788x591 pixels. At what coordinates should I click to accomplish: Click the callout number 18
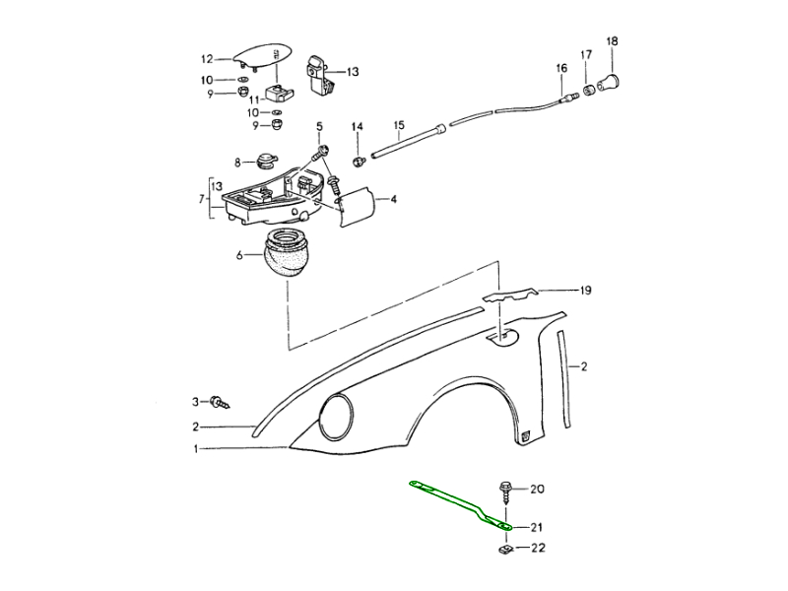click(x=613, y=41)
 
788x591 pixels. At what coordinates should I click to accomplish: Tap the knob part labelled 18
click(x=614, y=80)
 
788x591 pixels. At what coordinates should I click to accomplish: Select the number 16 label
click(x=561, y=68)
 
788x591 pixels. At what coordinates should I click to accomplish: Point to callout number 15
click(x=399, y=126)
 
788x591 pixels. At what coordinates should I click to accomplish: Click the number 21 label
click(x=536, y=528)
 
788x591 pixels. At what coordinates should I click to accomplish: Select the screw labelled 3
click(x=220, y=402)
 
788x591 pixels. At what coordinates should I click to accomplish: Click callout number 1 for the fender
click(x=196, y=449)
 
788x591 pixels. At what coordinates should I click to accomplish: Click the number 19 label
click(x=584, y=291)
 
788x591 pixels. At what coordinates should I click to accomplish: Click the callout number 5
click(x=319, y=127)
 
